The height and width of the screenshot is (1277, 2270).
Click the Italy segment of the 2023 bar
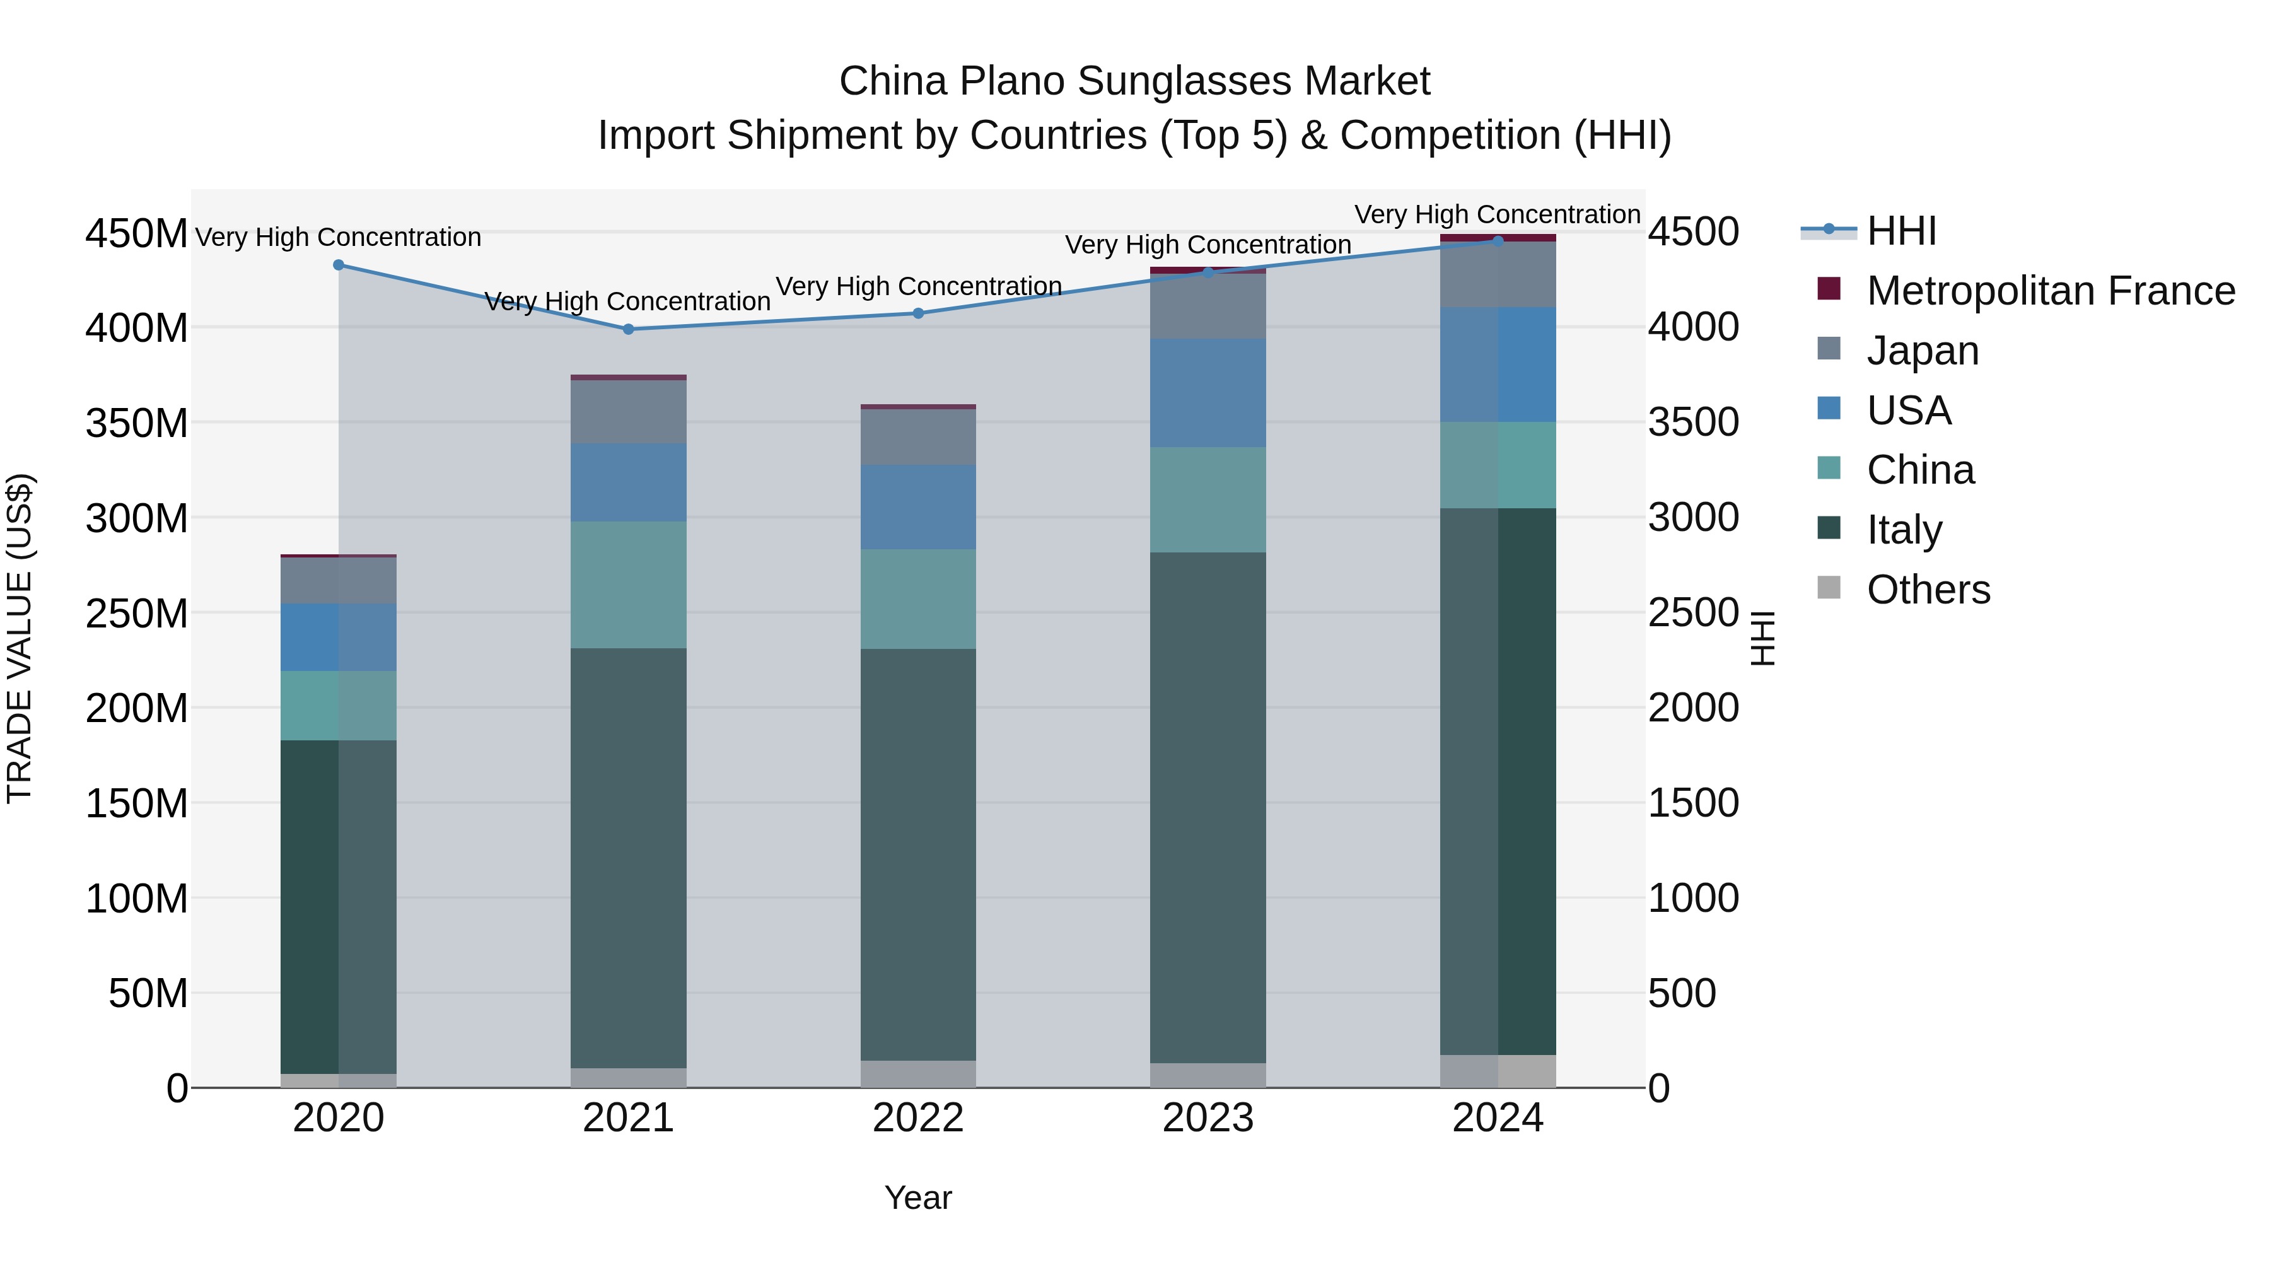click(1208, 807)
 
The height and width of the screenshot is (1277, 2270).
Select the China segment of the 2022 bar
click(918, 599)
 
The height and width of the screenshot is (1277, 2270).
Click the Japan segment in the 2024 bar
click(1498, 274)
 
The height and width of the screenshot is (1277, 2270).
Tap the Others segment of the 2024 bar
click(1498, 1071)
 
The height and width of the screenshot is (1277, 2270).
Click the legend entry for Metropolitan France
click(2050, 291)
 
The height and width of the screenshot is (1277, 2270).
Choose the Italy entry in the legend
click(1904, 530)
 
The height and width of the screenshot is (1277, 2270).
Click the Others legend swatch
click(1829, 588)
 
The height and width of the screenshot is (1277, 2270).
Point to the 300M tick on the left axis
click(137, 518)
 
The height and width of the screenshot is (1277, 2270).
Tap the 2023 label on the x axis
click(1208, 1118)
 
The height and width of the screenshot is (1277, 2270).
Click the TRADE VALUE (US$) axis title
click(20, 638)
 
